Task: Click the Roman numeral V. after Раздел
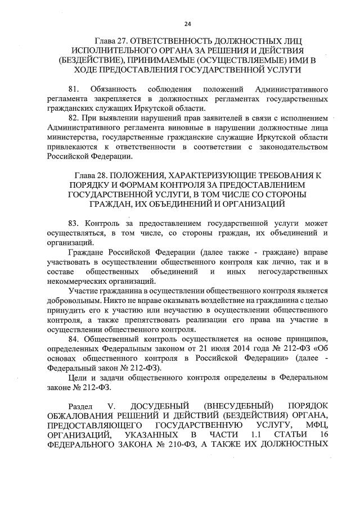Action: point(114,406)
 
